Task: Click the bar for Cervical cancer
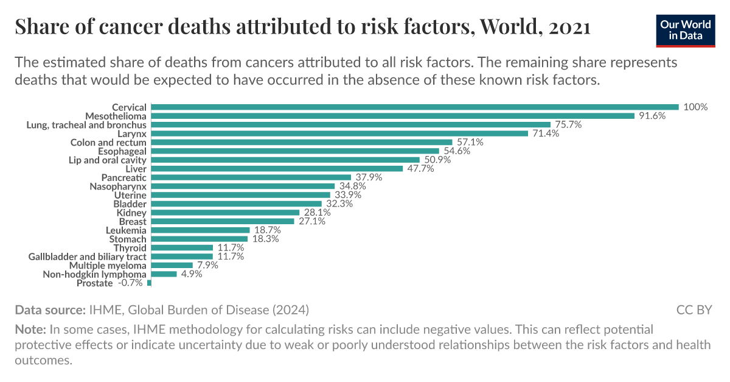(414, 107)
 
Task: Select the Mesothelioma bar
(392, 116)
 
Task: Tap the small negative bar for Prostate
(149, 283)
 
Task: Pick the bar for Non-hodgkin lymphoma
(163, 274)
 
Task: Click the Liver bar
(276, 169)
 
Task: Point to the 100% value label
(695, 107)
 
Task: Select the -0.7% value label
(131, 283)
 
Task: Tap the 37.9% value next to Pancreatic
(369, 177)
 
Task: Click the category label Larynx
(131, 133)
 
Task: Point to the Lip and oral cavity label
(108, 160)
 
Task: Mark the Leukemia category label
(126, 230)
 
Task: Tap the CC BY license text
(694, 309)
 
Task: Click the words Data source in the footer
(50, 309)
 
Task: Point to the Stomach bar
(196, 239)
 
